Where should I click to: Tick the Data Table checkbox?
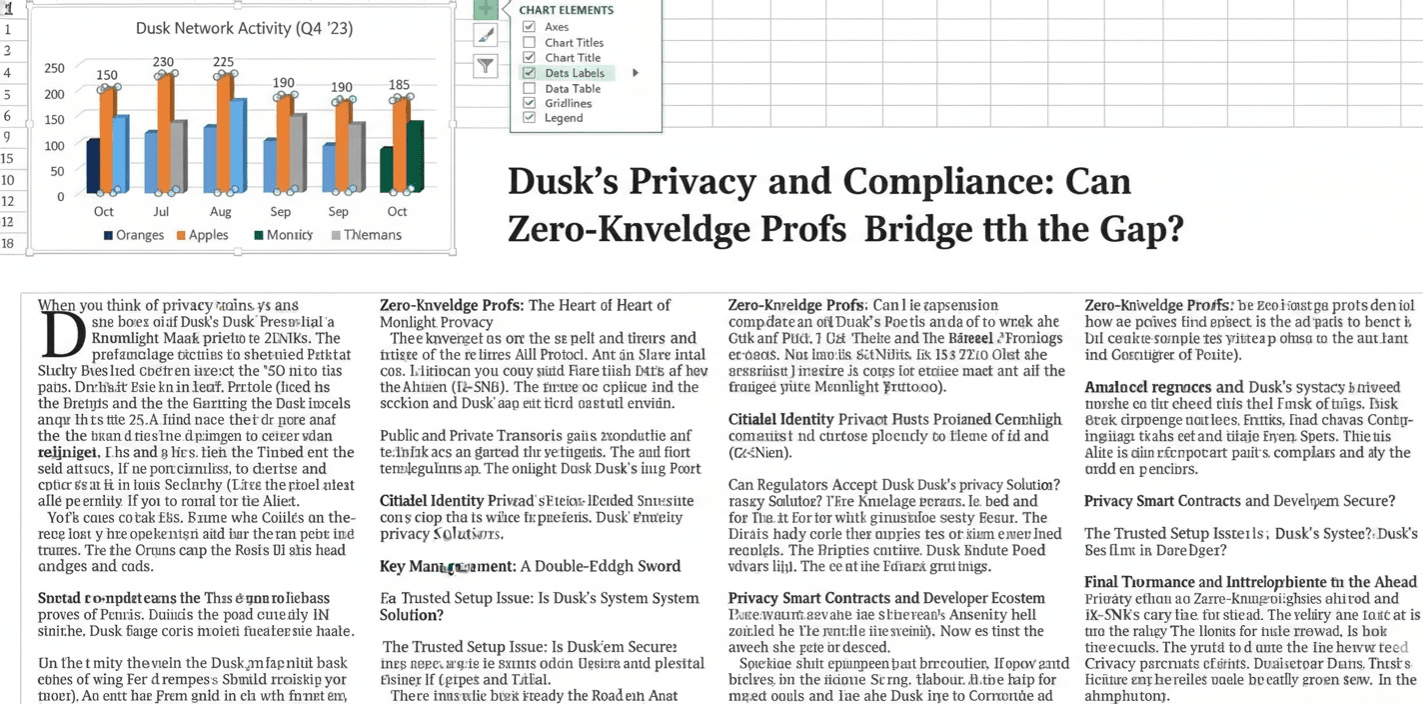[530, 88]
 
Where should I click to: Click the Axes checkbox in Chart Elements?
[530, 27]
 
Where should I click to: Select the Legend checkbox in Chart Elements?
[530, 118]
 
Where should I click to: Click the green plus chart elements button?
[485, 9]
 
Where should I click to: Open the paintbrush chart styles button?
[485, 36]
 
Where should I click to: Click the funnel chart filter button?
[485, 66]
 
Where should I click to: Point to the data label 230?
[163, 62]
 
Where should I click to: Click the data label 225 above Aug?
[223, 62]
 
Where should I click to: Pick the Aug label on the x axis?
[221, 212]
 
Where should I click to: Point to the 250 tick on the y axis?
[54, 68]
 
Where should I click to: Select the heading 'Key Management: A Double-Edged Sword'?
[530, 566]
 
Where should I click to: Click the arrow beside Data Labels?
[636, 73]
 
